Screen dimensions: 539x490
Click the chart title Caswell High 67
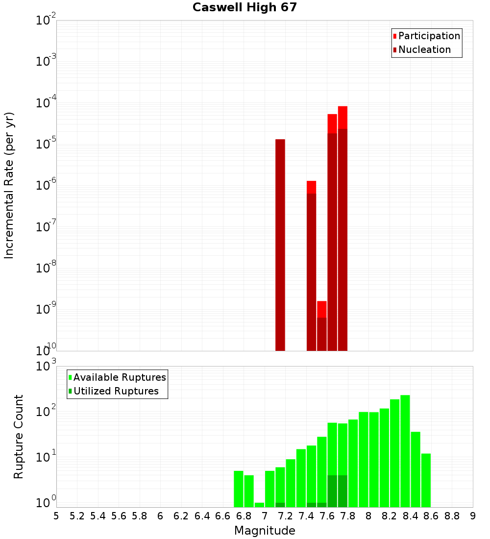click(x=245, y=7)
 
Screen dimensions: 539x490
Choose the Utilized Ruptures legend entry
click(x=116, y=391)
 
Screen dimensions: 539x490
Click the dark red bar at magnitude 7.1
click(x=280, y=245)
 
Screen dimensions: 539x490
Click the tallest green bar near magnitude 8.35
click(x=405, y=451)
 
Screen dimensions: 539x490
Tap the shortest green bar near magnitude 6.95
click(x=259, y=505)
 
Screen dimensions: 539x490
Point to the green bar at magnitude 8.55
click(x=426, y=480)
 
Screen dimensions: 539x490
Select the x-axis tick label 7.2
click(x=285, y=515)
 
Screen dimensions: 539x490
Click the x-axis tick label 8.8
click(x=452, y=515)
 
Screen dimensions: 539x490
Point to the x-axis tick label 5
click(x=56, y=515)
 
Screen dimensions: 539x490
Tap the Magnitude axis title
click(x=265, y=530)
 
